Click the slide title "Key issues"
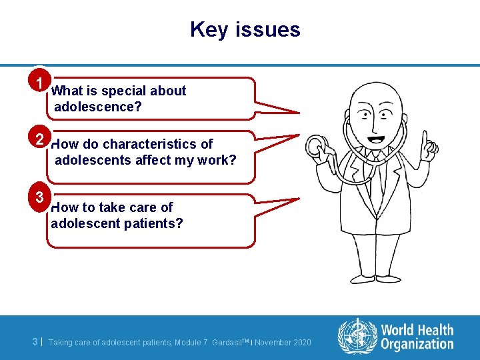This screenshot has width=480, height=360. pyautogui.click(x=245, y=29)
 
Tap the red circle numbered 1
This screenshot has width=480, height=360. pyautogui.click(x=41, y=83)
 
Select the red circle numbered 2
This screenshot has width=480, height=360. pyautogui.click(x=41, y=139)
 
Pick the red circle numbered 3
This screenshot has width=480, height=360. pyautogui.click(x=41, y=197)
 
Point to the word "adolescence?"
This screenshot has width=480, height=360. pyautogui.click(x=97, y=107)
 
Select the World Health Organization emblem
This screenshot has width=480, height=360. pyautogui.click(x=357, y=336)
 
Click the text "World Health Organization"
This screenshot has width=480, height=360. pyautogui.click(x=417, y=337)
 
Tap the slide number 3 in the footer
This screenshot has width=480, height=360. pyautogui.click(x=35, y=342)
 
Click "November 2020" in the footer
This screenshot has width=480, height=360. pyautogui.click(x=283, y=343)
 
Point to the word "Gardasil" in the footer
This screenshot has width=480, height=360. pyautogui.click(x=231, y=343)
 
